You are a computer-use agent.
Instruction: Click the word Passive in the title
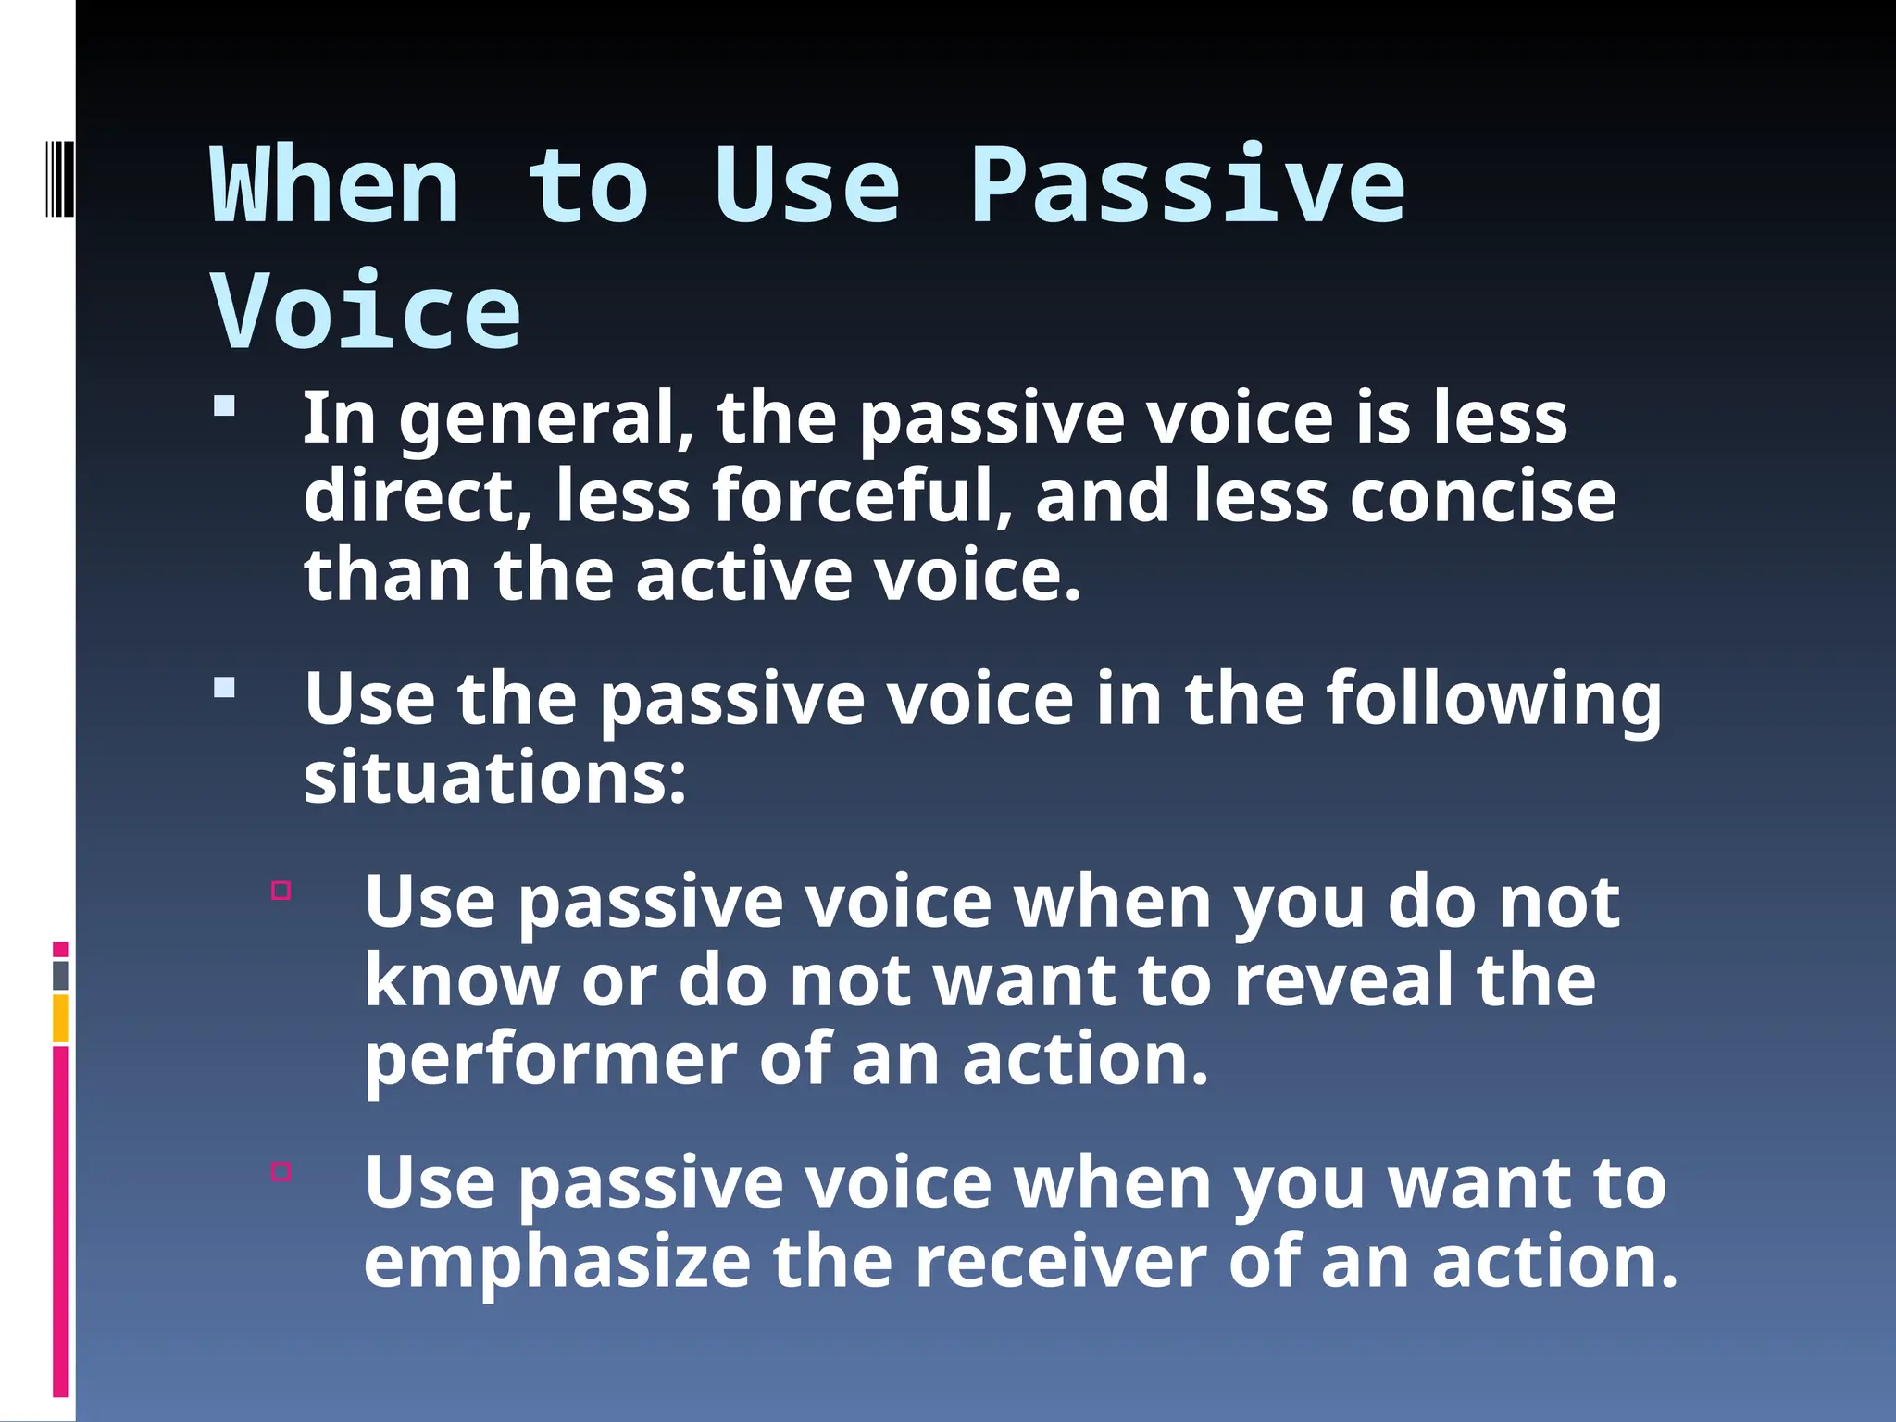(1188, 188)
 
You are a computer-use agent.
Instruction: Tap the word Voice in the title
(366, 313)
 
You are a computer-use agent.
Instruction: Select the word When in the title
(335, 188)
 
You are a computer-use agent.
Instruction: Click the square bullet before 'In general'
(224, 407)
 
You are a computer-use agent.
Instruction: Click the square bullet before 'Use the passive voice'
(224, 688)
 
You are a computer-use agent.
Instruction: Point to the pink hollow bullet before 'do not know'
(281, 891)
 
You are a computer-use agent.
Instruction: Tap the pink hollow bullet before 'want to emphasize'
(281, 1171)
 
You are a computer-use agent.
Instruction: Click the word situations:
(495, 778)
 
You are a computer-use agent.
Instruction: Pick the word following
(1493, 700)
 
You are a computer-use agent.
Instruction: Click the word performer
(550, 1061)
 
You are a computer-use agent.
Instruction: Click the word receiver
(1060, 1262)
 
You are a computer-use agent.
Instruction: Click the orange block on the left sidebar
(60, 1018)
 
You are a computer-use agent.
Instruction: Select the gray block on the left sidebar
(60, 976)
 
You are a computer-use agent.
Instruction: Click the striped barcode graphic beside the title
(59, 179)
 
